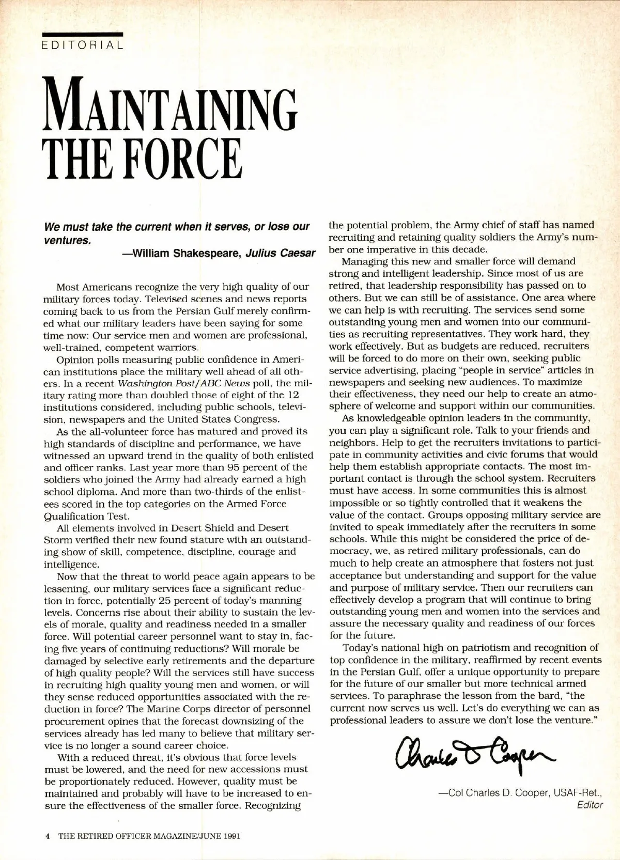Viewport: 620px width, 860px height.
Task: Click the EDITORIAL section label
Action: pos(83,45)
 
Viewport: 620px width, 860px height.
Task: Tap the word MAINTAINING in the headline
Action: pos(173,104)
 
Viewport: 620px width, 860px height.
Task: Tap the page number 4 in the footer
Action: pos(47,836)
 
